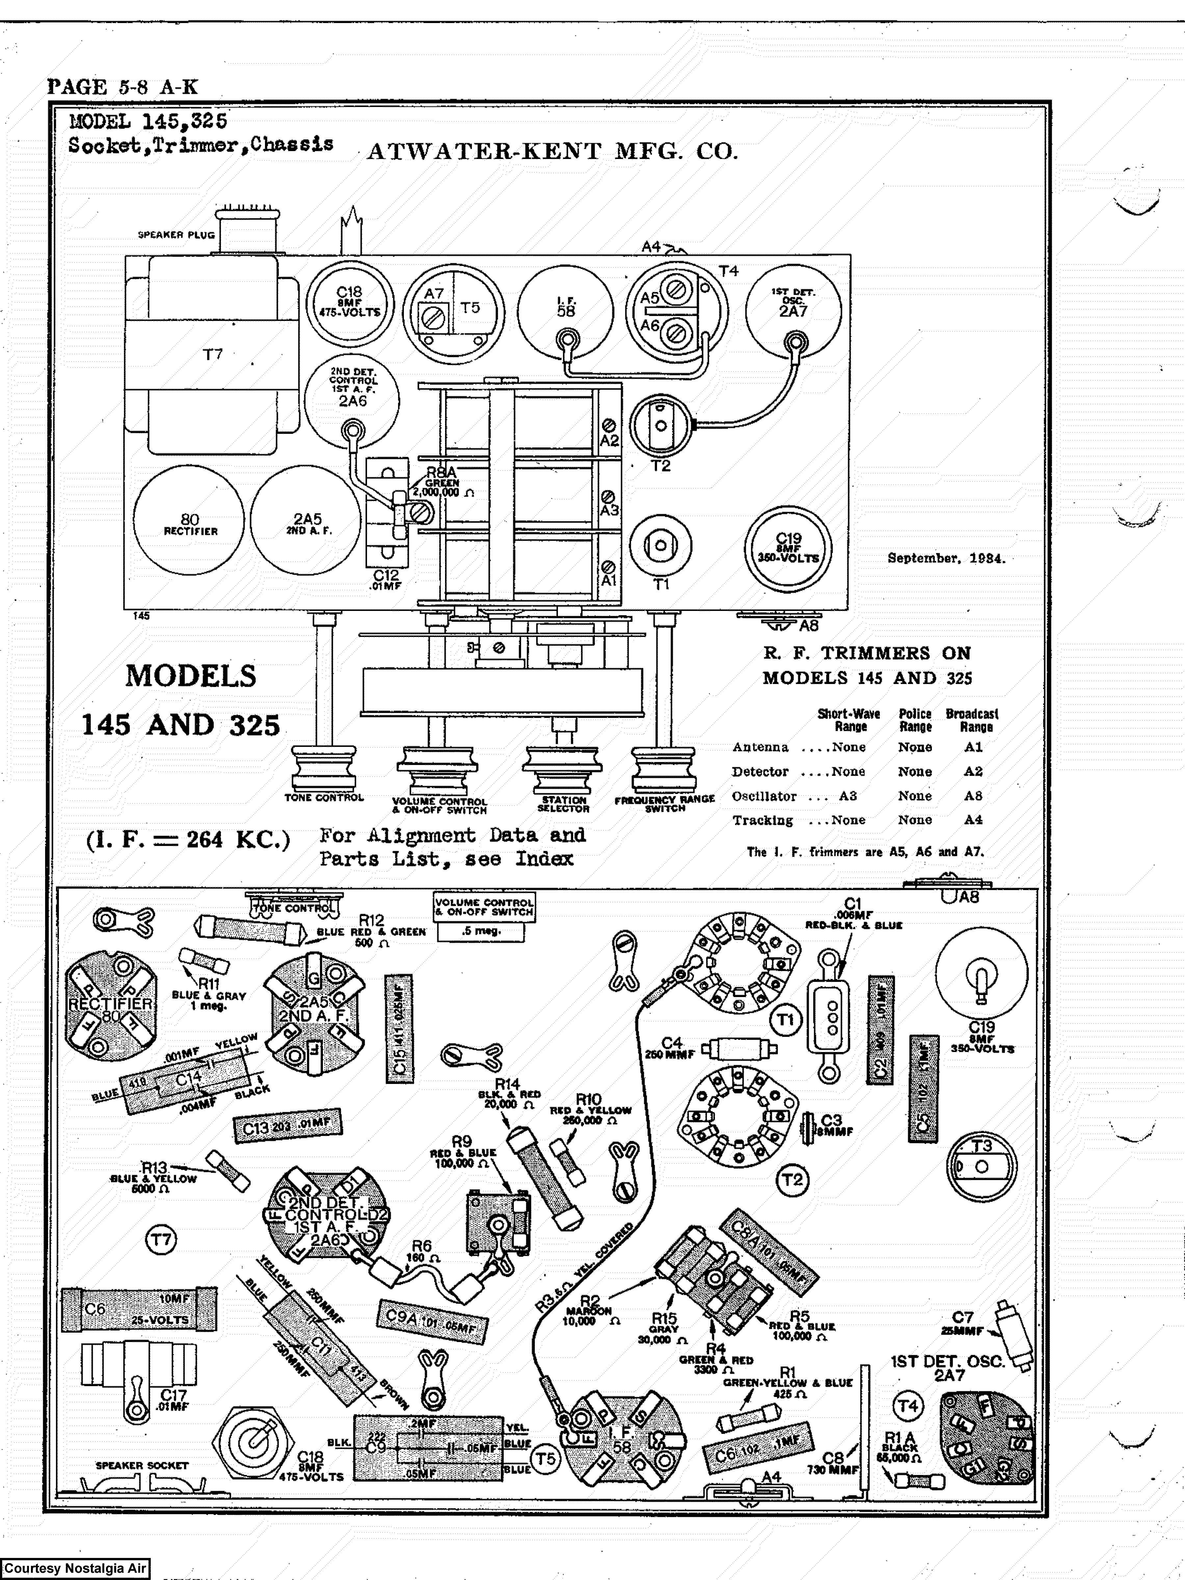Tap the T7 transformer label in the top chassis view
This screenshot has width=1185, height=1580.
click(212, 354)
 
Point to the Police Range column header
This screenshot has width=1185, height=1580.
click(915, 720)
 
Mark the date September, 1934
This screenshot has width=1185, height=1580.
click(946, 559)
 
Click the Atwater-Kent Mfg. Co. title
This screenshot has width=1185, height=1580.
click(552, 151)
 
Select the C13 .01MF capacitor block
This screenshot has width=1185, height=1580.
click(287, 1126)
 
